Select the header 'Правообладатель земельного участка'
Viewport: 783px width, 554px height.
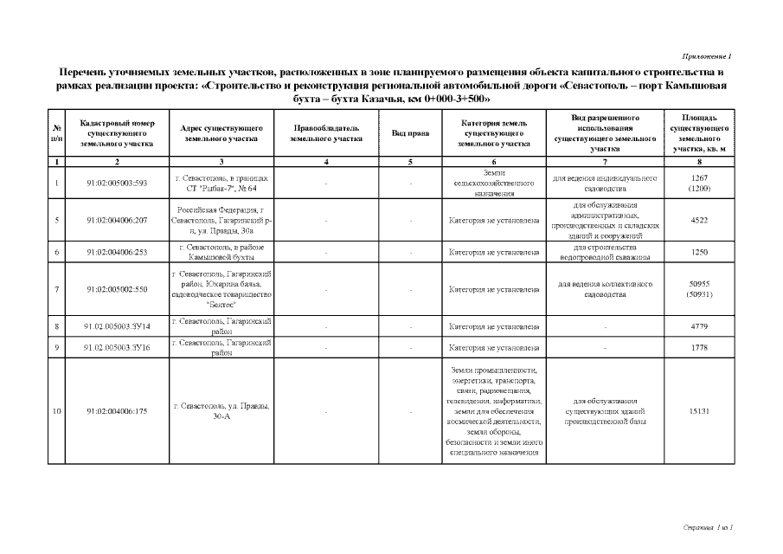(x=325, y=133)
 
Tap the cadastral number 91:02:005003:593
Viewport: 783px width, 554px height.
(x=118, y=184)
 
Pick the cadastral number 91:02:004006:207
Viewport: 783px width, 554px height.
(x=118, y=220)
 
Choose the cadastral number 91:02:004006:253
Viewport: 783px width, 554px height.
(x=118, y=252)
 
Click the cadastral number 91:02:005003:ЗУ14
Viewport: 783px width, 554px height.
(x=118, y=327)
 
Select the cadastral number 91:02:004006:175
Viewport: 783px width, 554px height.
(x=118, y=411)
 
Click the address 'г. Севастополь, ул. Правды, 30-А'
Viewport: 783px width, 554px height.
(x=221, y=411)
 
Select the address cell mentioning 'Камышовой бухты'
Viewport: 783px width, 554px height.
(x=221, y=252)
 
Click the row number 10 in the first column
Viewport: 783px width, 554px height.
(x=56, y=411)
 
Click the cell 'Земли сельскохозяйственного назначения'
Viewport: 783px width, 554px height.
(x=494, y=184)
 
